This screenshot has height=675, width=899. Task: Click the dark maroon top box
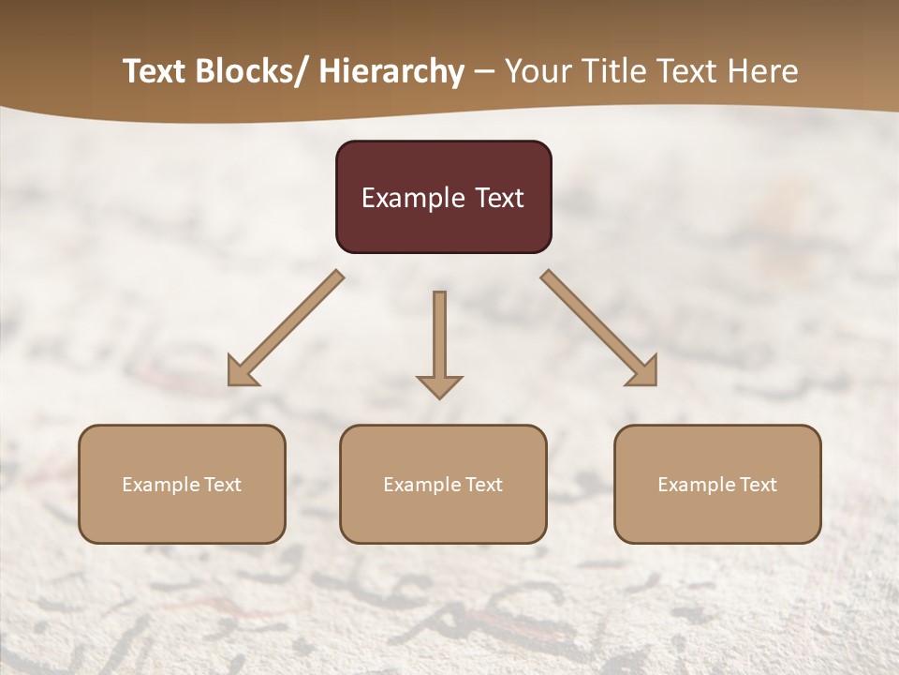coord(443,197)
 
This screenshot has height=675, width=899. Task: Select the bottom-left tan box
coord(182,484)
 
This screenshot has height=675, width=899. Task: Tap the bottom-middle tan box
coord(443,484)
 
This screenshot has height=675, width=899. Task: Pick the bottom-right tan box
coord(717,484)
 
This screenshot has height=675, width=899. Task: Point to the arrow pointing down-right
coord(597,327)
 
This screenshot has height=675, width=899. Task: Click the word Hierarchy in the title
coord(391,71)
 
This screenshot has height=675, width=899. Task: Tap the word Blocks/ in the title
coord(255,71)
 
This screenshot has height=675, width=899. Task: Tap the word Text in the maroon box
coord(499,198)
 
